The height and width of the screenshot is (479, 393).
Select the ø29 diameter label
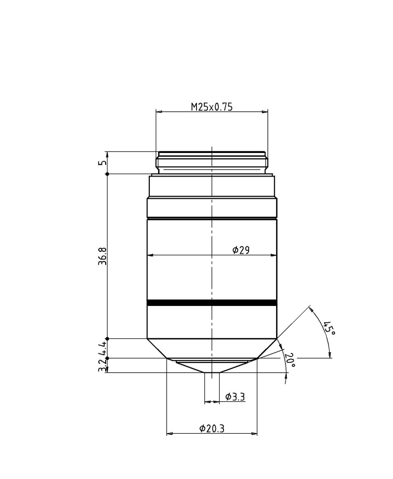241,250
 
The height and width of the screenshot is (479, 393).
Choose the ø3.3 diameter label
235,397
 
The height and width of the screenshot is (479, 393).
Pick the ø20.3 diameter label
212,429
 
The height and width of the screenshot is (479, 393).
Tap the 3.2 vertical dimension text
102,365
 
